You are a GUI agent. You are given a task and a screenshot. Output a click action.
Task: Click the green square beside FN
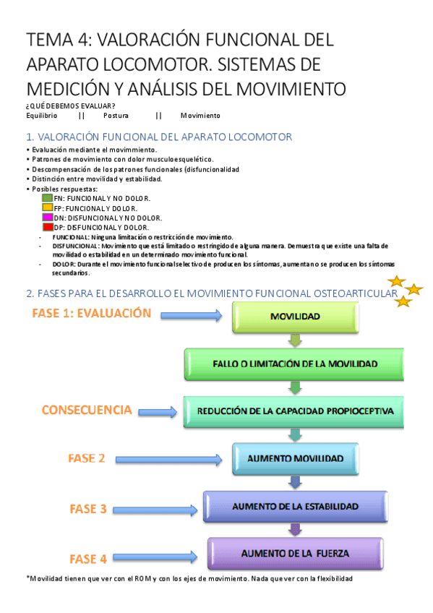[48, 198]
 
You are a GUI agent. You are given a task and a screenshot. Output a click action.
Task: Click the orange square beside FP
[48, 207]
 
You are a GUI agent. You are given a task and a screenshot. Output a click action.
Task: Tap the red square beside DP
[48, 227]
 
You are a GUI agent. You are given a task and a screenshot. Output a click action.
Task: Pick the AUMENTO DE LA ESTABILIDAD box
[296, 507]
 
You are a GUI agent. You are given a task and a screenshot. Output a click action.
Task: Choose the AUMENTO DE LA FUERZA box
[296, 554]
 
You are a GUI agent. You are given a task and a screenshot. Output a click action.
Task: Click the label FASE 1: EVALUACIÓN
[92, 314]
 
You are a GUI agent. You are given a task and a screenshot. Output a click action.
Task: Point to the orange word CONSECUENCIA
[87, 411]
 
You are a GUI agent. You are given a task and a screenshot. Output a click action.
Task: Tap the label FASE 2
[87, 458]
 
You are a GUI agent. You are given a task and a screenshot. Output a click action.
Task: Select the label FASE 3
[88, 509]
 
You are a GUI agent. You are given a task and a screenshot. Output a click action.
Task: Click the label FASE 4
[88, 558]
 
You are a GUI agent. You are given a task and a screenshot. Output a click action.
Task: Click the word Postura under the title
[116, 116]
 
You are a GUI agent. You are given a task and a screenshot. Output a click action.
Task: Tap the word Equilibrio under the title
[41, 116]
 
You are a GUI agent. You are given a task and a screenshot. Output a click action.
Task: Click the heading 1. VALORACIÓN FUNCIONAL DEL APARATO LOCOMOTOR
[158, 136]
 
